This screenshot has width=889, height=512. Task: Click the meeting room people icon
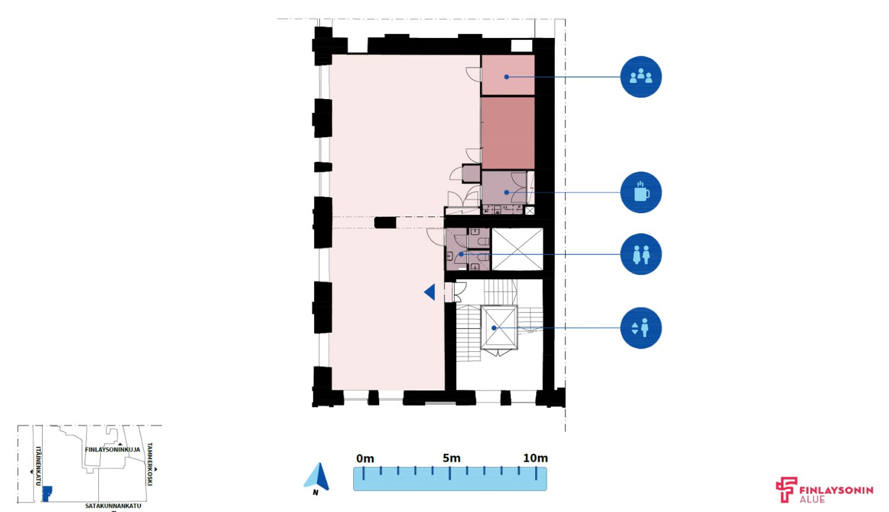tap(641, 77)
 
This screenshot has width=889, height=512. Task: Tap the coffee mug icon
tap(641, 192)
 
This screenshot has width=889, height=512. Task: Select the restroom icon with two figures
tap(641, 254)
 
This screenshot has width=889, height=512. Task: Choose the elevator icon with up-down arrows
tap(641, 328)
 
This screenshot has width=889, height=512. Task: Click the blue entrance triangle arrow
tap(430, 292)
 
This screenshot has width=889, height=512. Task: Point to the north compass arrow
tap(316, 476)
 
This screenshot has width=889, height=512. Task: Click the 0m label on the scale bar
tap(365, 459)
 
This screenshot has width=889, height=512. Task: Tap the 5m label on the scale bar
tap(452, 459)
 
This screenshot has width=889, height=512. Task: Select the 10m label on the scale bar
tap(535, 459)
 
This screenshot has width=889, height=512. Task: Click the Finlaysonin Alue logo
tap(824, 490)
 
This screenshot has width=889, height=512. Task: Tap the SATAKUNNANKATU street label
tap(113, 506)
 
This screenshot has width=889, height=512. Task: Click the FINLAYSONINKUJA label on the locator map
tap(113, 450)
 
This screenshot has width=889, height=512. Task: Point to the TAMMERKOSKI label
tap(150, 464)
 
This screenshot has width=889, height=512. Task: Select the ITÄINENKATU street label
tap(39, 466)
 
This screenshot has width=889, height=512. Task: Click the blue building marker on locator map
tap(47, 494)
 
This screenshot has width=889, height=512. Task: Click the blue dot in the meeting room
tap(506, 77)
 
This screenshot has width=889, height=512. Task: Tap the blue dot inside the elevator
tap(494, 328)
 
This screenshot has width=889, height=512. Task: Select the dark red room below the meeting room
tap(508, 133)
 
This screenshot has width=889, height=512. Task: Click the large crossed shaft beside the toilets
tap(517, 249)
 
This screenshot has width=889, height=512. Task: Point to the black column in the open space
tap(385, 222)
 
